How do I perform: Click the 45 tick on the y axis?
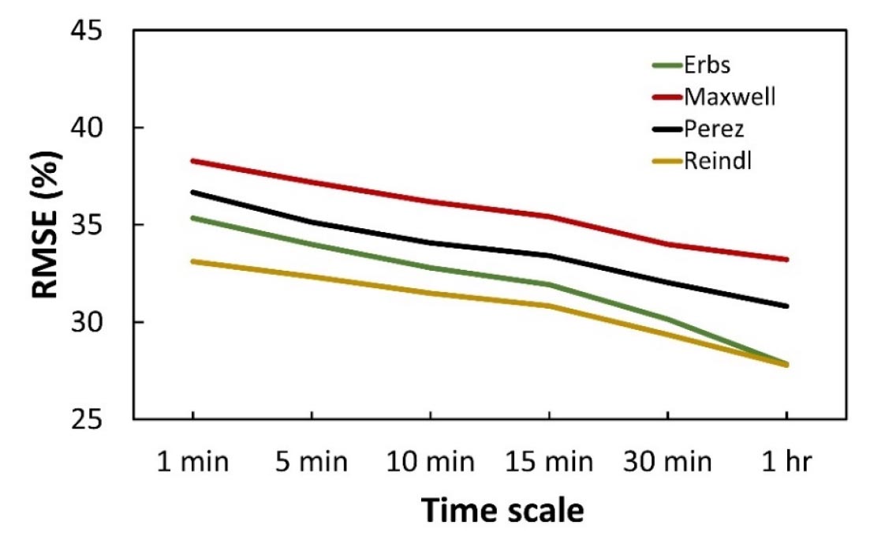(100, 31)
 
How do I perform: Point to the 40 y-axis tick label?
(100, 128)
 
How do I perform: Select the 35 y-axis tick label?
(100, 225)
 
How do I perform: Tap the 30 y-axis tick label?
(100, 322)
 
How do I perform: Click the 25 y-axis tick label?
(100, 419)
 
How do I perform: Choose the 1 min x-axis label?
(192, 460)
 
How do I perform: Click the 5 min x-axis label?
(312, 460)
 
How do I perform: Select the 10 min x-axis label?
(430, 460)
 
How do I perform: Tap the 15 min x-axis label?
(549, 460)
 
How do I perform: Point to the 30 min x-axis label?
(667, 460)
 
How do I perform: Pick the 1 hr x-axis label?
(786, 460)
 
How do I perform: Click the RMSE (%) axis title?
(47, 225)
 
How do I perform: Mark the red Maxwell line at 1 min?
(192, 161)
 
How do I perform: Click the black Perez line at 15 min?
(549, 256)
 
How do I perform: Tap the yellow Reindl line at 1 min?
(192, 261)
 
